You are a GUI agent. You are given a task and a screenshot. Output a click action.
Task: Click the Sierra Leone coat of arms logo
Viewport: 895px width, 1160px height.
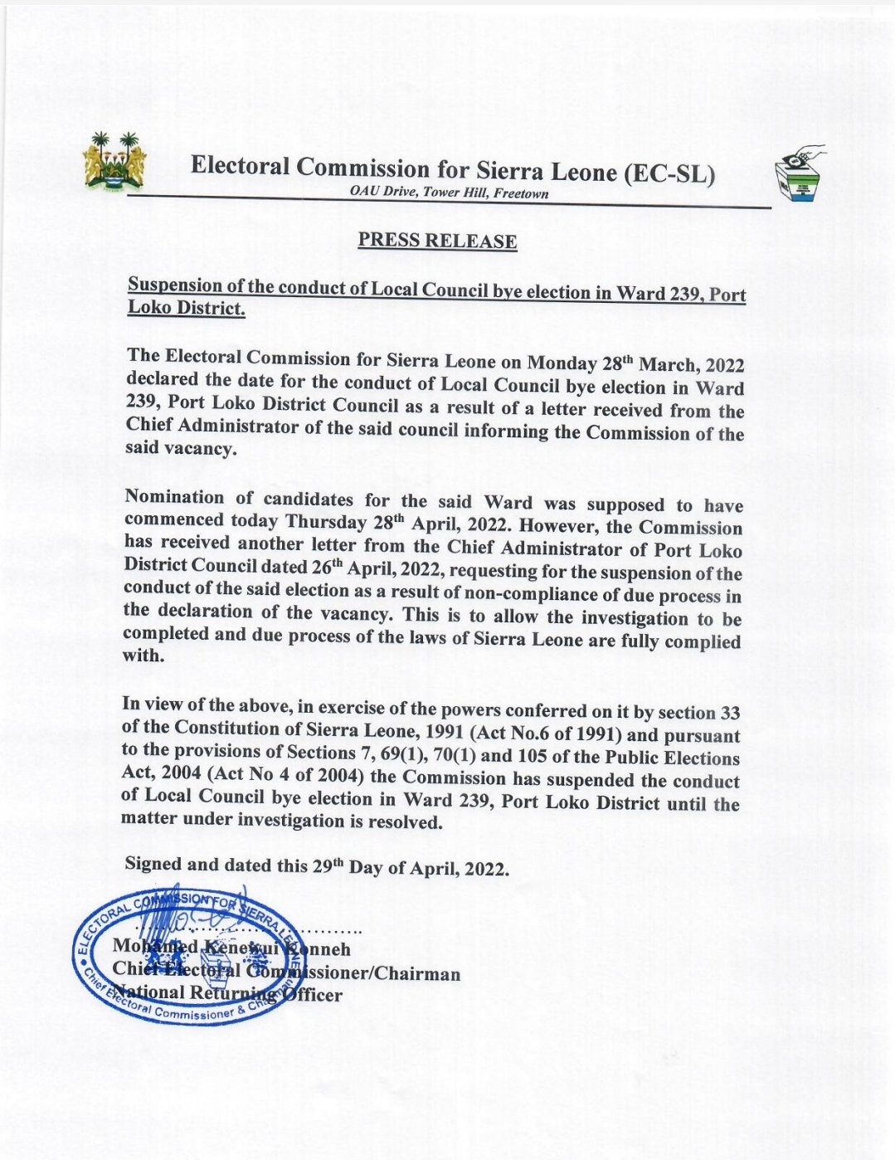click(115, 161)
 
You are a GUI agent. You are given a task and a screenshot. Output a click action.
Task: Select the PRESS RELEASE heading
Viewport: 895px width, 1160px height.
click(437, 241)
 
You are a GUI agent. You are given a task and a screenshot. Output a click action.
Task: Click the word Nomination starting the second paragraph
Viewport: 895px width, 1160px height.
click(174, 498)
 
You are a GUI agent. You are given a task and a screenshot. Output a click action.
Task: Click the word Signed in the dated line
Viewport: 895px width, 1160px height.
click(153, 863)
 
